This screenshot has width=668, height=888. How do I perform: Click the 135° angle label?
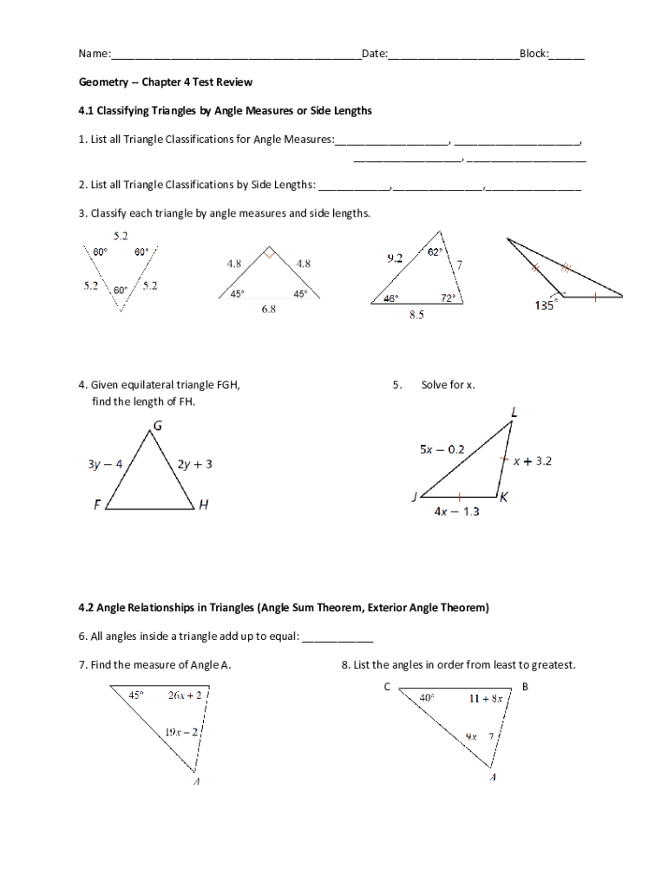pyautogui.click(x=544, y=305)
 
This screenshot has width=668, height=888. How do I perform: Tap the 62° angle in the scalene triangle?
pyautogui.click(x=435, y=251)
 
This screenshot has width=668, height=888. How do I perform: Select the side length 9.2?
pyautogui.click(x=394, y=258)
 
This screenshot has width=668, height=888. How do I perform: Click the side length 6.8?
pyautogui.click(x=269, y=310)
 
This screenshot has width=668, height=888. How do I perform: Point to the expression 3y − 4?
pyautogui.click(x=105, y=464)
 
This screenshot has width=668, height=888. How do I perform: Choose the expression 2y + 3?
pyautogui.click(x=195, y=464)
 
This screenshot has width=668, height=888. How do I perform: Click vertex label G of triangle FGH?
pyautogui.click(x=157, y=425)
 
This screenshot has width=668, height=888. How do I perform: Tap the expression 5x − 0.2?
pyautogui.click(x=442, y=449)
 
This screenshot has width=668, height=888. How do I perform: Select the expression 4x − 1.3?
pyautogui.click(x=456, y=512)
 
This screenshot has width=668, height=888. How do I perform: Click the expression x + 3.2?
pyautogui.click(x=532, y=461)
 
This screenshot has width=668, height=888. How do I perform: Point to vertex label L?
pyautogui.click(x=514, y=414)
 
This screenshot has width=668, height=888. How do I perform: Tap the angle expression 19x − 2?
pyautogui.click(x=181, y=732)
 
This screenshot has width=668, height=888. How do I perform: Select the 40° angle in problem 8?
pyautogui.click(x=427, y=696)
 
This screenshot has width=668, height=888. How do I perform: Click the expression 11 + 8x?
pyautogui.click(x=486, y=697)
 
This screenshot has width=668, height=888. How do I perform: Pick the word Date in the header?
pyautogui.click(x=373, y=54)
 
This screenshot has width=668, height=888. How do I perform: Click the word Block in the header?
pyautogui.click(x=533, y=54)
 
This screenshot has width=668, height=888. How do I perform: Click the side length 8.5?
pyautogui.click(x=416, y=316)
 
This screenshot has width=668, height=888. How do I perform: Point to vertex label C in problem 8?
pyautogui.click(x=387, y=687)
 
